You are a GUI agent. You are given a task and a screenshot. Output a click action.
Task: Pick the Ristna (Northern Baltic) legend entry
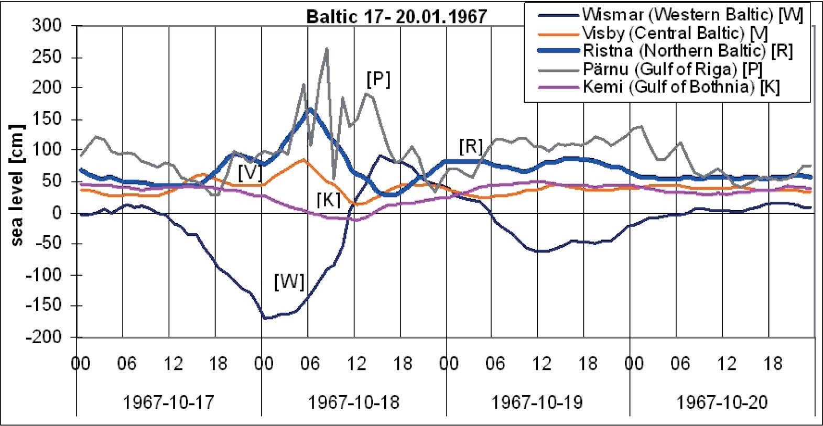pos(687,51)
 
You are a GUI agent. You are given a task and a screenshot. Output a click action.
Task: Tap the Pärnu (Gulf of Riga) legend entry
pos(673,69)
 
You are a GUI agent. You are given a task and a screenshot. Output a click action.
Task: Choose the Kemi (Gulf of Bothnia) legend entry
pos(681,86)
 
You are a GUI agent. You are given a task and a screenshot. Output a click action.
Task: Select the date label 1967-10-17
pos(168,402)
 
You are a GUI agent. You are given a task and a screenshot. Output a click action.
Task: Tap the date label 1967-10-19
pos(537,402)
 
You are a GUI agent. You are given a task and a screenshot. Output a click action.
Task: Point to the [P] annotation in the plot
pos(378,80)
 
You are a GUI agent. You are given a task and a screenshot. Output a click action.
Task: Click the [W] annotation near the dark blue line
pos(289,282)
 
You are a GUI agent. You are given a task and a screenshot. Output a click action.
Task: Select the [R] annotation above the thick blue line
pos(470,147)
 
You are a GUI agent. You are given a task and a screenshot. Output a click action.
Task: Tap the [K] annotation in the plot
pos(329,199)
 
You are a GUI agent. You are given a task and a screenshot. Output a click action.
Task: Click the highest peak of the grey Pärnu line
pos(327,49)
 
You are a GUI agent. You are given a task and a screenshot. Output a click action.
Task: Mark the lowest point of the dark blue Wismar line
pos(265,318)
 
